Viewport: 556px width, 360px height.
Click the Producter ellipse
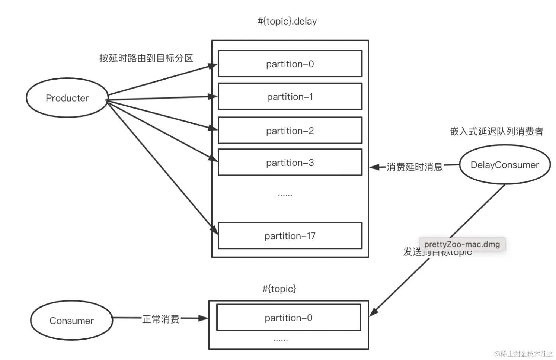point(67,98)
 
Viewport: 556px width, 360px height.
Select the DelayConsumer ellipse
point(505,165)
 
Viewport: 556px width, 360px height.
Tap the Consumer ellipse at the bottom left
point(71,321)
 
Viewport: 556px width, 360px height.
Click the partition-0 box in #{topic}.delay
point(290,64)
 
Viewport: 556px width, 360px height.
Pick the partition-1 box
point(290,97)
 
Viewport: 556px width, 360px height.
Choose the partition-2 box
point(290,131)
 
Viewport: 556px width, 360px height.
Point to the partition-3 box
point(290,163)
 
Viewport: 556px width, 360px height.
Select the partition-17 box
point(290,236)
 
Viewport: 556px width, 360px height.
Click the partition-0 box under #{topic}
point(288,318)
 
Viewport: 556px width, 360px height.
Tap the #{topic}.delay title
point(287,21)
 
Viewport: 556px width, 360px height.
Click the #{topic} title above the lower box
point(279,289)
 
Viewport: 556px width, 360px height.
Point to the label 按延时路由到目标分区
point(146,58)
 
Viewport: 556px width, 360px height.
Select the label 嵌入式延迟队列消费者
point(496,131)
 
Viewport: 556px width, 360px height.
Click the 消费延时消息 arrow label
point(415,167)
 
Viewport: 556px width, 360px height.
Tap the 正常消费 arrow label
point(161,319)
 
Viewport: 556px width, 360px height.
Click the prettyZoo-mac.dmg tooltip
point(462,244)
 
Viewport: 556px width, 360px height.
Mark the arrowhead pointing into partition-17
point(214,229)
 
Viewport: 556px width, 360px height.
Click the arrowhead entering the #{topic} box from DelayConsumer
point(373,312)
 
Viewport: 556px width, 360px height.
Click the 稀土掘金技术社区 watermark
point(524,353)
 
